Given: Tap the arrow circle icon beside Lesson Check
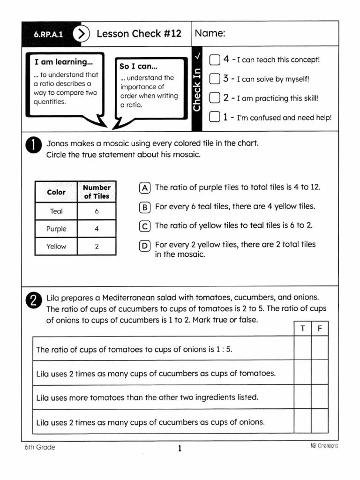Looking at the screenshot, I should [82, 34].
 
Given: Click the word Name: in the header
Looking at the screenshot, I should [210, 33].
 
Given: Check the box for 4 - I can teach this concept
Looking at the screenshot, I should [214, 60].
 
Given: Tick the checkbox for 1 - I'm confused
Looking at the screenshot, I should [214, 117].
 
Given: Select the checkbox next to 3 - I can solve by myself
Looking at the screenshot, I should [214, 79].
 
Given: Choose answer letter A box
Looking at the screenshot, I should [145, 187].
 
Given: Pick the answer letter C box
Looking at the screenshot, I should [145, 226].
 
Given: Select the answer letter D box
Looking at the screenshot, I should [145, 245].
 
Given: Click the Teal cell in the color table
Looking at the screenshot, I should [56, 211].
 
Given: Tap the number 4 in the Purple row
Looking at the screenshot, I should [97, 229].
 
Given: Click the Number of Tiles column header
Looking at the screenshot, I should [97, 192].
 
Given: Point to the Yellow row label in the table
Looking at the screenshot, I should [56, 246].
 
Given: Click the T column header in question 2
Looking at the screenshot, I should [303, 329].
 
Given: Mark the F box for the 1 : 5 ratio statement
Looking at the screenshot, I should [320, 349].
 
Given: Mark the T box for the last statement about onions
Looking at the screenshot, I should [303, 421].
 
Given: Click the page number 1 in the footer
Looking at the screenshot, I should [180, 449].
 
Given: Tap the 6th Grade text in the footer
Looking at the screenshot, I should [40, 447].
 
